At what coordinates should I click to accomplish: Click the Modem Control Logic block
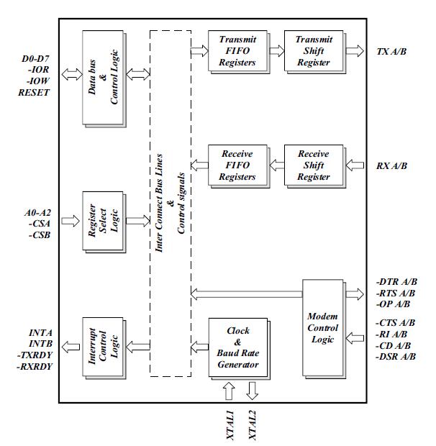327,328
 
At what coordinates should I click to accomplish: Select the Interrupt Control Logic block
103,347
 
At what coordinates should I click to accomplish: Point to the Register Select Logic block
103,221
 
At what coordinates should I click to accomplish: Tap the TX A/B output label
392,51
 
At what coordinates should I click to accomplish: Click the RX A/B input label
392,166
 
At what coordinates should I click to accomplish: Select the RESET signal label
35,93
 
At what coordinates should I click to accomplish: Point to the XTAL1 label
228,424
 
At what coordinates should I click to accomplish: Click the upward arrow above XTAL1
228,391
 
